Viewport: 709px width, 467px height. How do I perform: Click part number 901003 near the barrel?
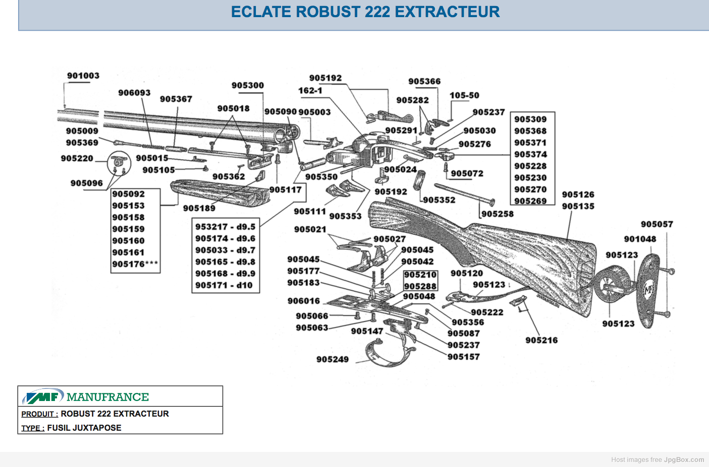click(83, 76)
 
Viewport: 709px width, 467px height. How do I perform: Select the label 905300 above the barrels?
click(247, 85)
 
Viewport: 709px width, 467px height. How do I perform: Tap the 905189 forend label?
click(199, 208)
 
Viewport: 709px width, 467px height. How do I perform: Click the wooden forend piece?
click(220, 192)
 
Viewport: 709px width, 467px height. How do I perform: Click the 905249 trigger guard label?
click(333, 359)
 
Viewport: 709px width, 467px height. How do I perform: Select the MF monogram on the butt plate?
click(648, 290)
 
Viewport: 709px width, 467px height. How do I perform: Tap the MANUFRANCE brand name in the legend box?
click(107, 397)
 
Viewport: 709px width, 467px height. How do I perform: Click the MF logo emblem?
click(43, 396)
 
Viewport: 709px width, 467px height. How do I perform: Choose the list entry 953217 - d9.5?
click(225, 227)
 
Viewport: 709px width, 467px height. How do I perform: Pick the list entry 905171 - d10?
click(224, 285)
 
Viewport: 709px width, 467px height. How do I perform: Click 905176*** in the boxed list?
click(135, 264)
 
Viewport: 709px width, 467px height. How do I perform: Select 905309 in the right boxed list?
click(530, 119)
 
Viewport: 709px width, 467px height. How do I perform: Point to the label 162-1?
click(310, 91)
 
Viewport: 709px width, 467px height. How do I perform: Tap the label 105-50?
click(464, 95)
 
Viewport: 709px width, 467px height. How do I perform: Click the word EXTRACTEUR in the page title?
click(447, 12)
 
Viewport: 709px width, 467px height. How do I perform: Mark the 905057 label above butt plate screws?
click(657, 224)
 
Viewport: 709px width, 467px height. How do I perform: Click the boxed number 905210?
click(420, 275)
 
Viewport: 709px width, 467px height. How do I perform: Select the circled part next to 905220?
click(119, 163)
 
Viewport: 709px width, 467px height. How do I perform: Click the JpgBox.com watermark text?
click(684, 459)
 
